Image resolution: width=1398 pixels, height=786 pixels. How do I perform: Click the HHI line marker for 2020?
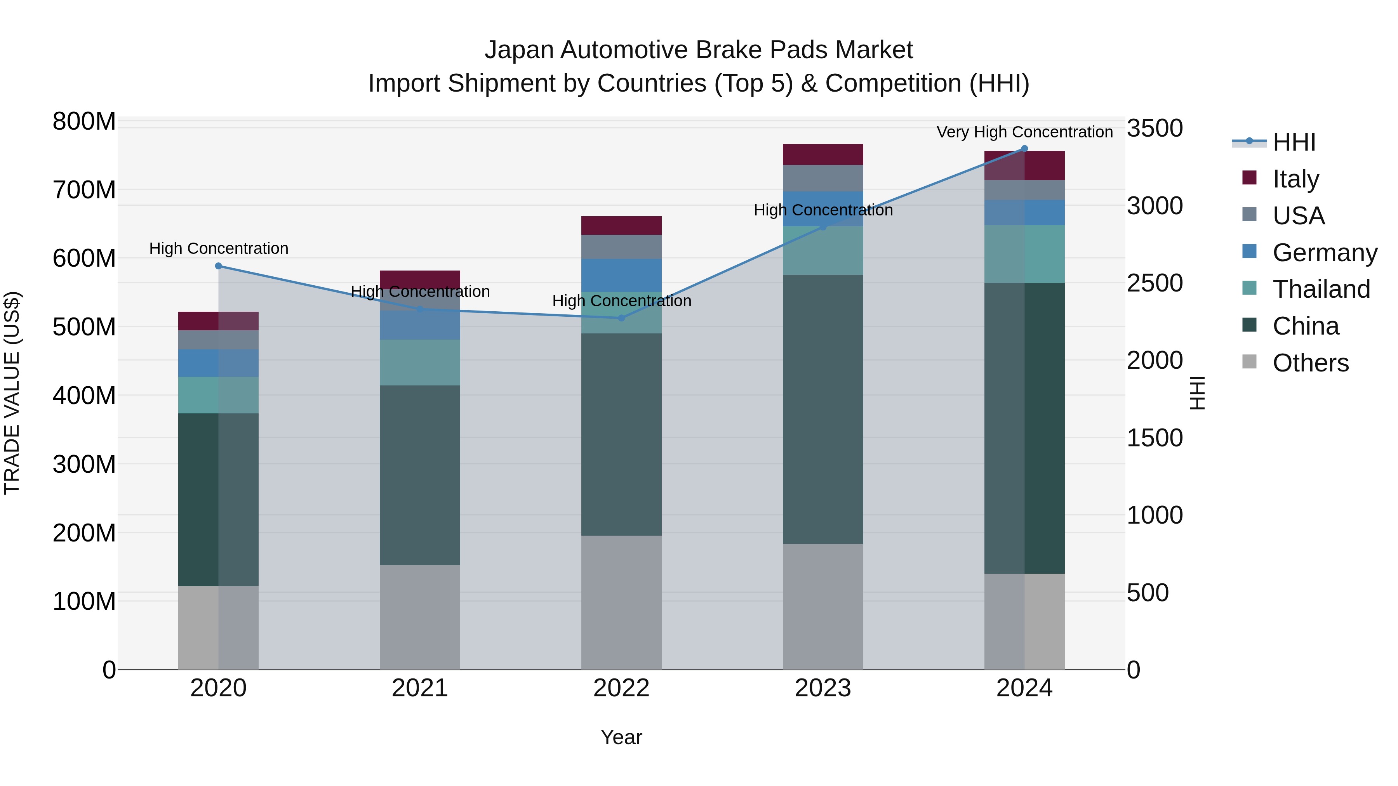point(219,266)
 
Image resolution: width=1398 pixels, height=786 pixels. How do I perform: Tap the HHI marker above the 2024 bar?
point(1025,149)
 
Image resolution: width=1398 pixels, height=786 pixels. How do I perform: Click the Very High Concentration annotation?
point(1025,132)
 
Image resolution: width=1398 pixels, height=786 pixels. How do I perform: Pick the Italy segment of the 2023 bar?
point(823,154)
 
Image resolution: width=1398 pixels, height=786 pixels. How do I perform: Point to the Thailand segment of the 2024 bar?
point(1025,254)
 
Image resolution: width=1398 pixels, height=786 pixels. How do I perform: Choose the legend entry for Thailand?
point(1321,289)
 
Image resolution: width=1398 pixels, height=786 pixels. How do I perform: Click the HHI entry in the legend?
point(1294,142)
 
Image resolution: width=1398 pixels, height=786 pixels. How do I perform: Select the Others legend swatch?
point(1249,362)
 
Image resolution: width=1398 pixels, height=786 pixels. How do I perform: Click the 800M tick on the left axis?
point(84,121)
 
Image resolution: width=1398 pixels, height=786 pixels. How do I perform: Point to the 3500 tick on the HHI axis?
point(1155,128)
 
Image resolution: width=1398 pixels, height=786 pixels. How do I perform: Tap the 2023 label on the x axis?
point(823,688)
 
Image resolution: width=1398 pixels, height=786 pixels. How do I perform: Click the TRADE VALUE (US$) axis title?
point(12,393)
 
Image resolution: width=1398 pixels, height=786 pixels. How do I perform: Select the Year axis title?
point(621,737)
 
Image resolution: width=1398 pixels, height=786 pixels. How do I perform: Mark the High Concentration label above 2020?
point(219,248)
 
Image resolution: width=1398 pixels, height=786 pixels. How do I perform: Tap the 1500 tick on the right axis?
point(1155,438)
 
